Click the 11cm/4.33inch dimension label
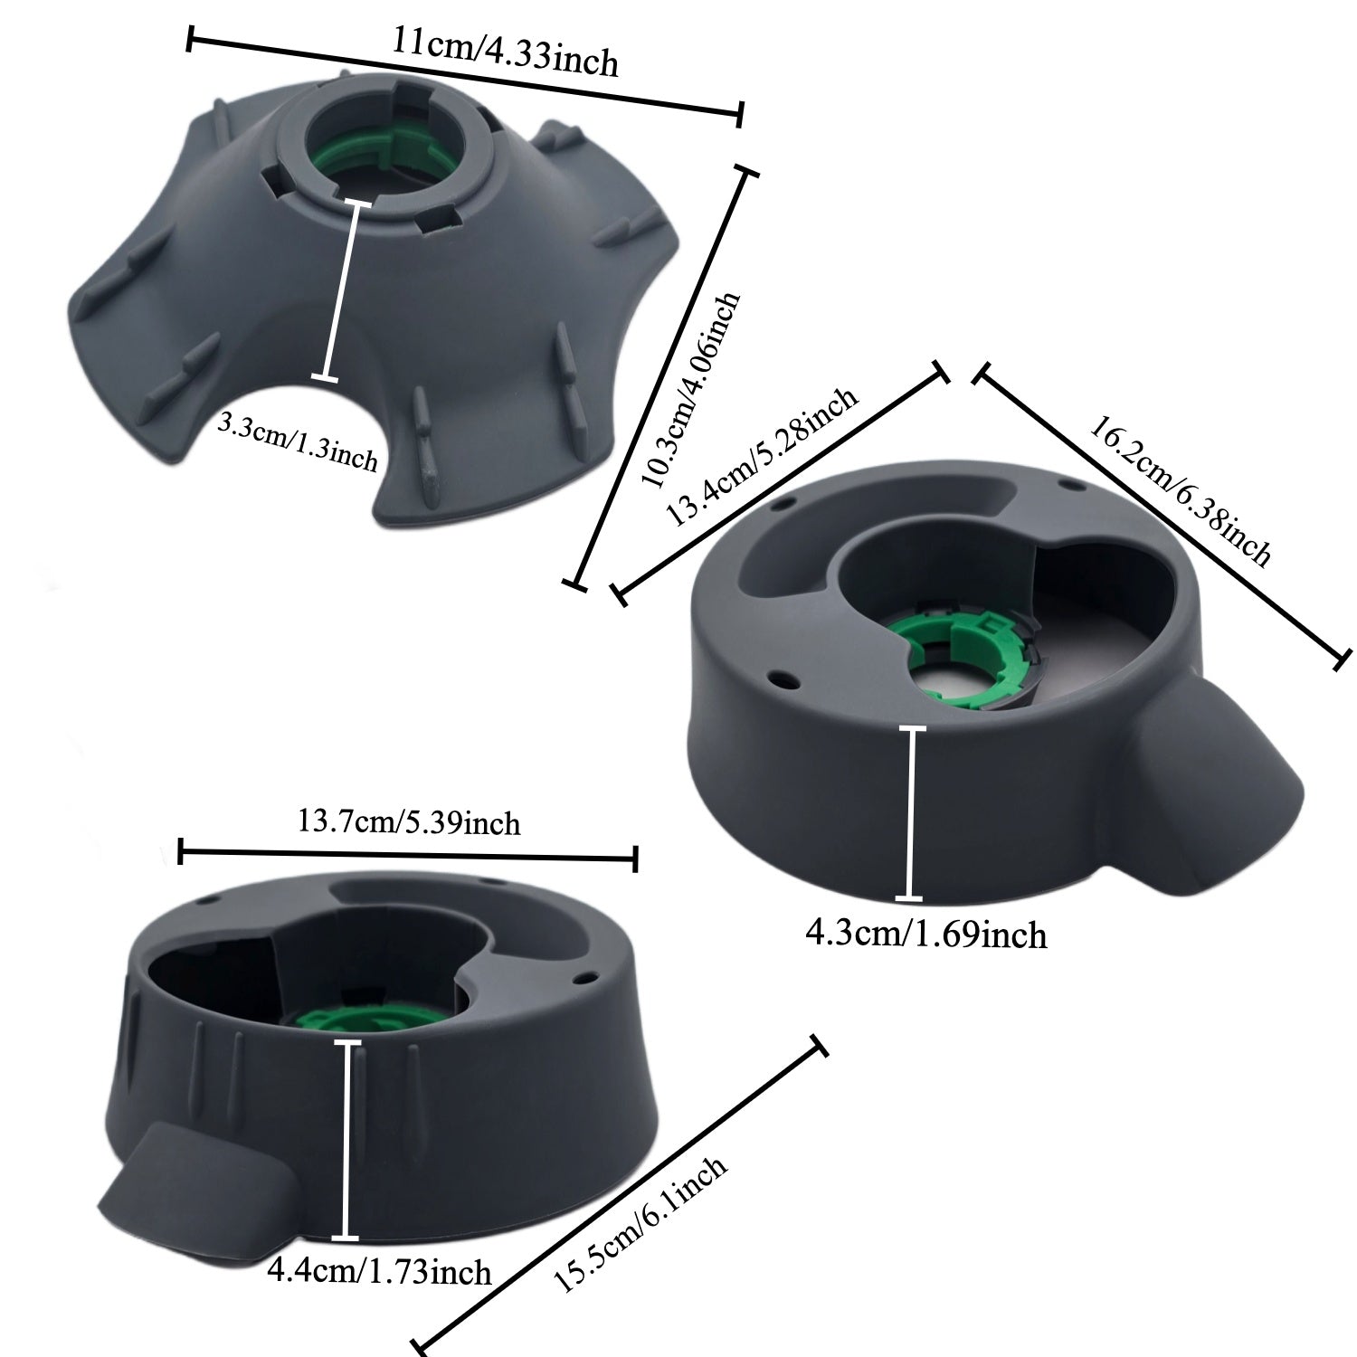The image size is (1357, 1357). click(x=506, y=53)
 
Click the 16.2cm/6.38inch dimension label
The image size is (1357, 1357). click(x=1180, y=490)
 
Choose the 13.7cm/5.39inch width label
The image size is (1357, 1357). click(x=409, y=823)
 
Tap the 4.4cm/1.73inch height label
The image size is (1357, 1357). click(x=379, y=1272)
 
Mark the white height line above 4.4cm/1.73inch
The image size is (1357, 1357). click(x=346, y=1140)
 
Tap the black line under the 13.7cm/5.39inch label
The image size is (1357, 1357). click(x=409, y=855)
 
